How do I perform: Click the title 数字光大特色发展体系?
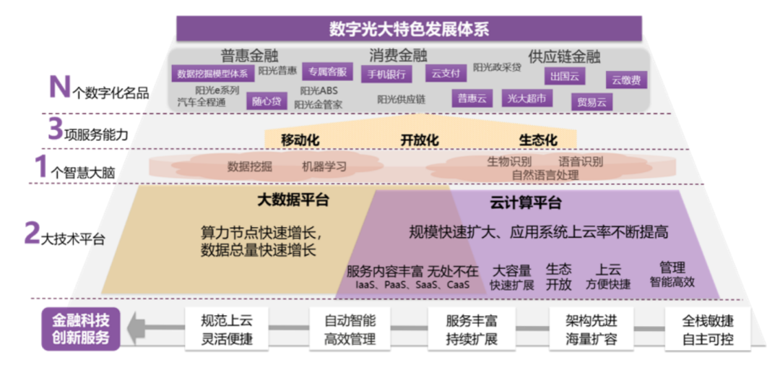click(409, 30)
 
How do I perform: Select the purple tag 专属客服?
click(327, 72)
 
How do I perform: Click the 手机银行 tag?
click(386, 74)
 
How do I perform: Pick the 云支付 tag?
click(446, 73)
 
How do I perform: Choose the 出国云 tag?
click(564, 76)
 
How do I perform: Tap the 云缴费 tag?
click(626, 80)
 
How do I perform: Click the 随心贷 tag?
click(266, 100)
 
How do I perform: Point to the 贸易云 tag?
click(591, 102)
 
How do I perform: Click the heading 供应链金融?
click(564, 56)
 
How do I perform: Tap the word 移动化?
click(300, 140)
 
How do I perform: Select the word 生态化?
click(538, 140)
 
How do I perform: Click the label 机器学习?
click(324, 166)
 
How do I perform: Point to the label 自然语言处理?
click(545, 174)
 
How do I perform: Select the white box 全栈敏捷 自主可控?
click(708, 329)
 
